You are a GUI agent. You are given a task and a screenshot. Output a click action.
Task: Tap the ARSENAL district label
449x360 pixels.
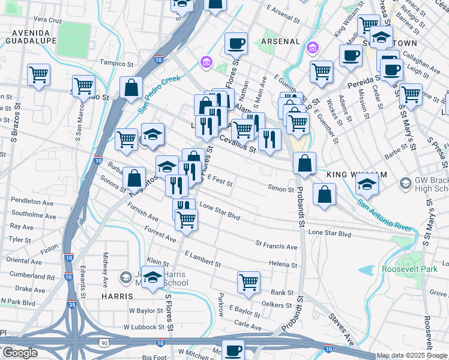(x=280, y=41)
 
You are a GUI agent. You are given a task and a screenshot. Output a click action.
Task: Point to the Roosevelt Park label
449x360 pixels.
(x=409, y=269)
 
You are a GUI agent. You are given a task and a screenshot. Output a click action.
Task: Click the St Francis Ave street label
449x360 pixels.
(x=276, y=246)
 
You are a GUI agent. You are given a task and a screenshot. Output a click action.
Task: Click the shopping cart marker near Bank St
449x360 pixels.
(x=249, y=281)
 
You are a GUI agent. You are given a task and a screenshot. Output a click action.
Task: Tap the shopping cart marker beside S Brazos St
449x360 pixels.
(x=38, y=74)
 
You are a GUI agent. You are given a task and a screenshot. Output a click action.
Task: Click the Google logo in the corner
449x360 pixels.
(x=20, y=353)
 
